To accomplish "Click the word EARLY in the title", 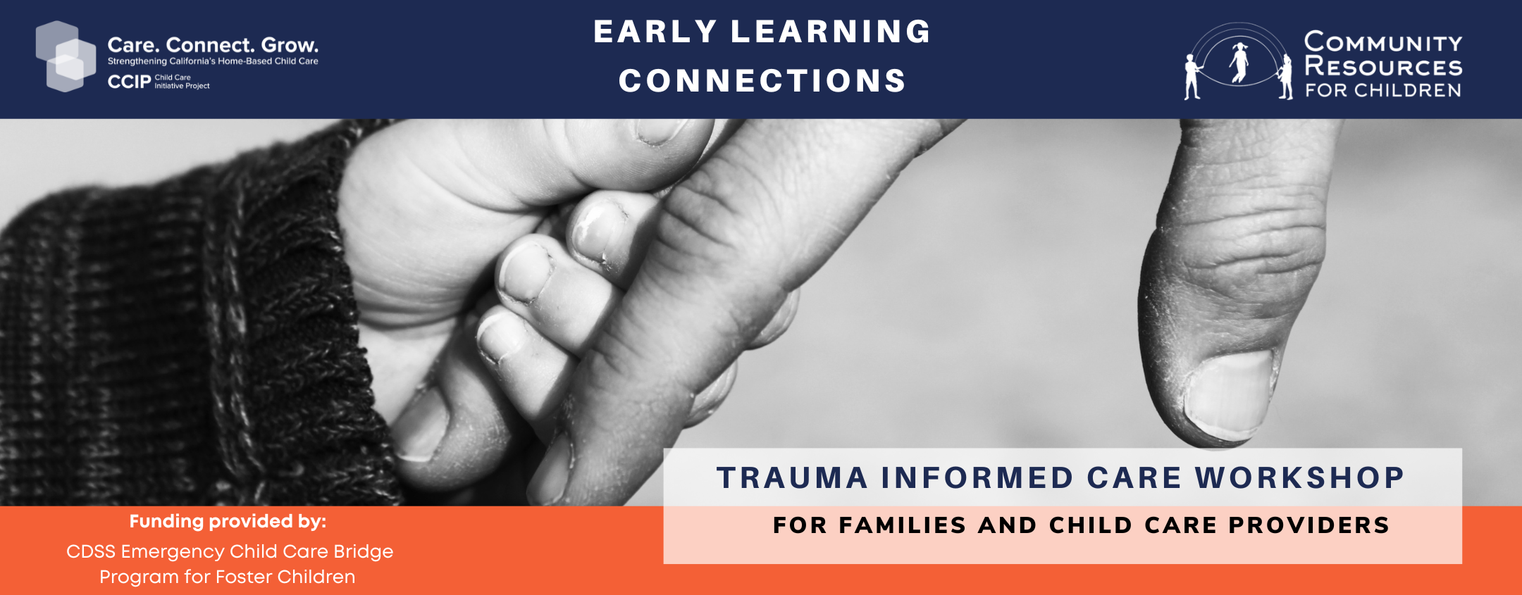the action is [655, 32].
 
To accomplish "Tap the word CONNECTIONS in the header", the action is [762, 81].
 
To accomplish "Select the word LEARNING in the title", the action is [831, 32].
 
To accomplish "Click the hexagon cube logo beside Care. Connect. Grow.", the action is [66, 56].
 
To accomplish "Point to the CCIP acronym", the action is [129, 82].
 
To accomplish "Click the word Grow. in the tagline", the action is [290, 45].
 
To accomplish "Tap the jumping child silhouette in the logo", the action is [1239, 62].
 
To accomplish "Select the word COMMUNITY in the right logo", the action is [1383, 42].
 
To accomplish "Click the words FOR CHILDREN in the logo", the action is [1383, 90].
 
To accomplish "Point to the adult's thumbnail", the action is [1230, 391].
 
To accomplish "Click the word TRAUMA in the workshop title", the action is [792, 478].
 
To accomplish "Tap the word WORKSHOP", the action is [1300, 478].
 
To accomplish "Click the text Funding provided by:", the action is [228, 522].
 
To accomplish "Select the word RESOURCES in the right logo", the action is [1383, 67].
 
